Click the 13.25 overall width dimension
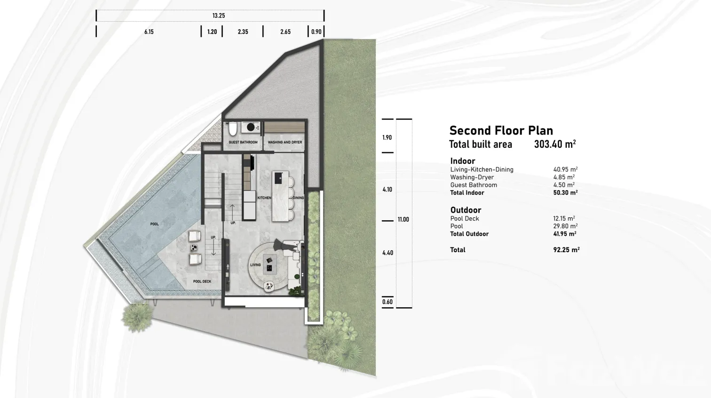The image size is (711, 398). [219, 16]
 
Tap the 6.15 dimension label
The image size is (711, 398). [149, 32]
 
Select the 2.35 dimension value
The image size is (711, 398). [243, 32]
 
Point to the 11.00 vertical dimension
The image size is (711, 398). [403, 220]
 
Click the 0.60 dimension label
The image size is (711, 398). [387, 302]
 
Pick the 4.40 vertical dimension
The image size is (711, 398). [387, 253]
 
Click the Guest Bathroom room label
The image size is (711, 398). [243, 142]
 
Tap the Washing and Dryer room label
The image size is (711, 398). [284, 142]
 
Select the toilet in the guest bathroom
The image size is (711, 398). [233, 129]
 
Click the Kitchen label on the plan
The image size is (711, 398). [264, 198]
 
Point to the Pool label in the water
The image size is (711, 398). [155, 224]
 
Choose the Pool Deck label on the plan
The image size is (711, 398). [202, 281]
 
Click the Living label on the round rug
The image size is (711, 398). [255, 265]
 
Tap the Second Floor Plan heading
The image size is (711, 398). [501, 130]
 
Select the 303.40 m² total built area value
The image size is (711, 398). [555, 144]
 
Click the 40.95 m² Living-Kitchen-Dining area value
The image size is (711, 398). [565, 170]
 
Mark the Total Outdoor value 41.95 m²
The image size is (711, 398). [565, 234]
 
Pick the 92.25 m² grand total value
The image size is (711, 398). [566, 250]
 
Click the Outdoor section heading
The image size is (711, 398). [466, 210]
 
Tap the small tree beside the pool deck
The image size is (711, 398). [137, 317]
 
